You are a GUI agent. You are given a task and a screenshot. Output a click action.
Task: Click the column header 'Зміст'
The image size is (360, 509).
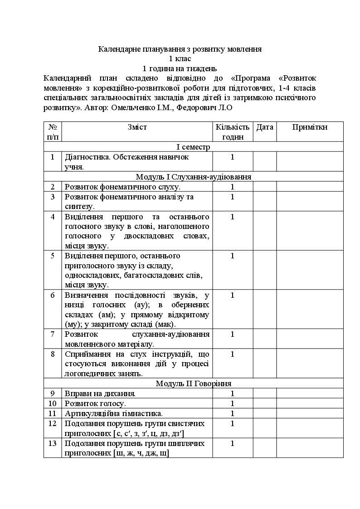[x=137, y=127]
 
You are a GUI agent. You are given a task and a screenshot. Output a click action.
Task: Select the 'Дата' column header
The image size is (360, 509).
[x=265, y=127]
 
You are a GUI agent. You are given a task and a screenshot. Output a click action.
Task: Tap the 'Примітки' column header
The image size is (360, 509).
[x=310, y=127]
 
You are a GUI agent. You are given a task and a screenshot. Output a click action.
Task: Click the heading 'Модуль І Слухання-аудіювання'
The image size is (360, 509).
[x=193, y=177]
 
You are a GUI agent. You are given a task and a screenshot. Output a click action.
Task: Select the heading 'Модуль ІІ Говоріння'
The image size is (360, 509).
[x=193, y=383]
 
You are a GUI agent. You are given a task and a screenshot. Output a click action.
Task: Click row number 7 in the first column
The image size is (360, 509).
[x=53, y=334]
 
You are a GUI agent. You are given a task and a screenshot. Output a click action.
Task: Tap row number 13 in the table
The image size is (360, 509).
[x=53, y=443]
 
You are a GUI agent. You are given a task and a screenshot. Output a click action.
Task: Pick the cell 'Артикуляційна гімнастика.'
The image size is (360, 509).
[x=113, y=413]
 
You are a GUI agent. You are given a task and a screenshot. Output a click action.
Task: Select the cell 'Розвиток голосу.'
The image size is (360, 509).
[x=96, y=403]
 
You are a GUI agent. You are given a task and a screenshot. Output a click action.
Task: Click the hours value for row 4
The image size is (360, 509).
[x=233, y=217]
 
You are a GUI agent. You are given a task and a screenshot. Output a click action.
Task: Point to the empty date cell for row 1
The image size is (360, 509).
[x=265, y=161]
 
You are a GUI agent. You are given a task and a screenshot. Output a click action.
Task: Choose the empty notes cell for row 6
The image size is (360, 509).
[x=310, y=310]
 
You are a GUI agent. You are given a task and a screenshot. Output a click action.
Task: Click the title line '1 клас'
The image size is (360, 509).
[x=180, y=58]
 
